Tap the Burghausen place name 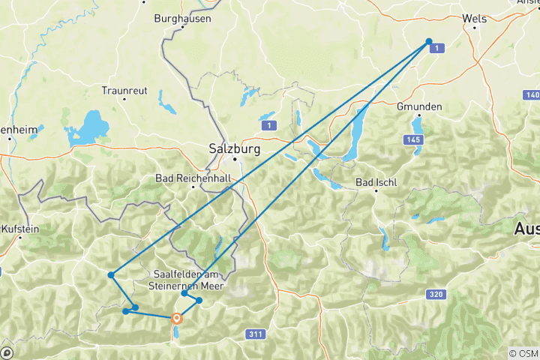tap(182, 18)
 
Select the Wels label tap(474, 19)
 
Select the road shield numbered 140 tap(532, 94)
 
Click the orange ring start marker tap(177, 317)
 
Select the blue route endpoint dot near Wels tap(429, 42)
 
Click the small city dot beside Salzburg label tap(234, 159)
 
